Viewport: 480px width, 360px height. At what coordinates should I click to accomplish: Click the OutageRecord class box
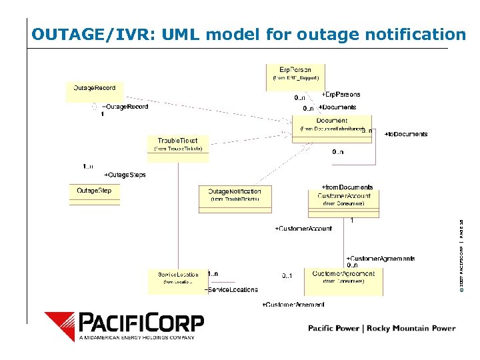pyautogui.click(x=95, y=91)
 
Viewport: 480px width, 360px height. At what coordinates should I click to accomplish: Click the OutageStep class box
pyautogui.click(x=94, y=194)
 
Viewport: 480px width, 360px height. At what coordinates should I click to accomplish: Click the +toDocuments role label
pyautogui.click(x=406, y=134)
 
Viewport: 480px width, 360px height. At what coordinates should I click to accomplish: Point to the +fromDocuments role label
pyautogui.click(x=347, y=187)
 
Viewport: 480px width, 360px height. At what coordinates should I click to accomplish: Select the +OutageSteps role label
pyautogui.click(x=125, y=175)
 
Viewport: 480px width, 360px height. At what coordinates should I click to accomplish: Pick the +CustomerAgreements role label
pyautogui.click(x=380, y=258)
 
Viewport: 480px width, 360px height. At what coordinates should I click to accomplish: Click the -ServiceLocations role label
pyautogui.click(x=231, y=290)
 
